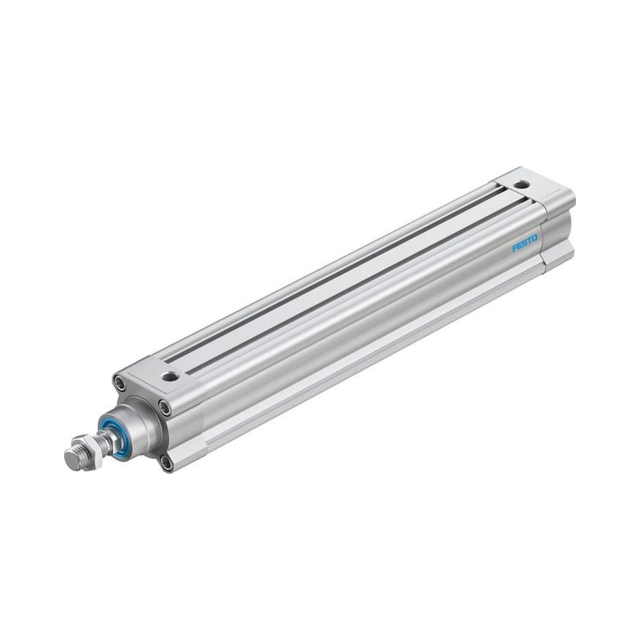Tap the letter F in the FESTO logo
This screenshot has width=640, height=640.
515,249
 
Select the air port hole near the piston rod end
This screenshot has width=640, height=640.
171,376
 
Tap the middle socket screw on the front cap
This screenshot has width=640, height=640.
164,406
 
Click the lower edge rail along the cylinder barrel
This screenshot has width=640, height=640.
364,371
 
